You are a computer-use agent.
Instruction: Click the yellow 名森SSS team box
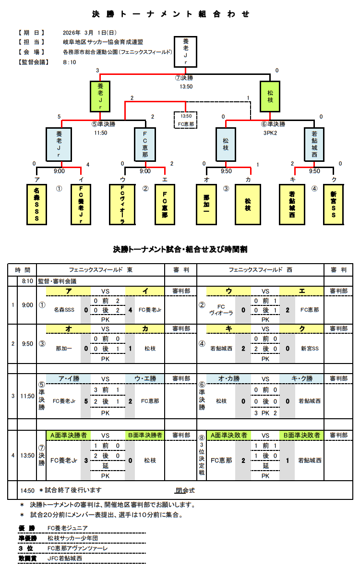pos(37,204)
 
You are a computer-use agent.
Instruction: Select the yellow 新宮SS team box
pos(334,204)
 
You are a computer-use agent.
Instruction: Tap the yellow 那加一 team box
pos(206,204)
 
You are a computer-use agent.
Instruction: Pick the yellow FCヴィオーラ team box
pos(122,204)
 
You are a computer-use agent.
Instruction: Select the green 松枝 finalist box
pos(270,96)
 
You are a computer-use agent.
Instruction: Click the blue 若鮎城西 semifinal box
pos(315,144)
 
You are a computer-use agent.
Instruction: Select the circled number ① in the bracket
pos(59,189)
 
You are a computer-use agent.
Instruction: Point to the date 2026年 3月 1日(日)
pos(89,33)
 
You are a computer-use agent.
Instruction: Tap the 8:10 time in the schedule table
pos(27,281)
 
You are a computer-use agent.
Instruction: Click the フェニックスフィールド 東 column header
pos(100,270)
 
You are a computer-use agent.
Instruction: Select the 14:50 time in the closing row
pos(27,490)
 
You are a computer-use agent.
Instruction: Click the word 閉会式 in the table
pos(185,490)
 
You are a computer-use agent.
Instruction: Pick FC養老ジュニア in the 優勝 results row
pos(67,528)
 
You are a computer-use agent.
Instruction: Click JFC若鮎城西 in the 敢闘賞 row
pos(65,558)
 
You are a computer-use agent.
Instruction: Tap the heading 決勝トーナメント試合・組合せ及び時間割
pos(180,249)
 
